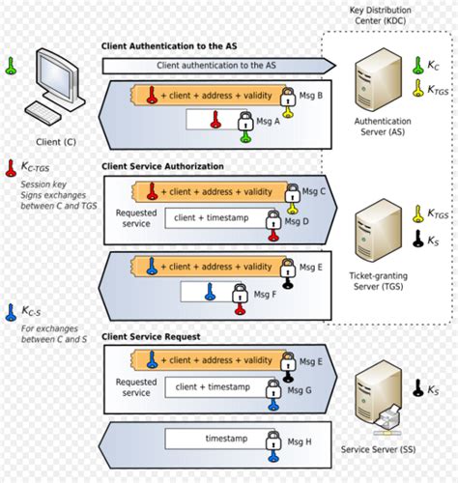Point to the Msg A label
click(x=268, y=122)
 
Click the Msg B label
click(x=311, y=95)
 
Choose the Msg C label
click(x=314, y=190)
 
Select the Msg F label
click(x=267, y=294)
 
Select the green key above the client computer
click(x=12, y=67)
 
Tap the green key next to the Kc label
click(x=418, y=66)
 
